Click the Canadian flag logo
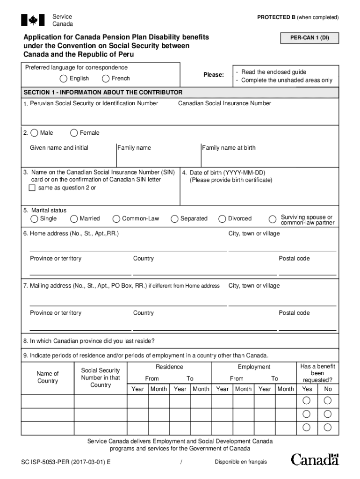33,20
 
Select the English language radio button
63,79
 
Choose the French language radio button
106,79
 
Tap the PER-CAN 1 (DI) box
309,38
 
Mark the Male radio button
34,133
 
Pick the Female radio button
74,133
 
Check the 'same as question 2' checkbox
32,188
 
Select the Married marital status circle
74,219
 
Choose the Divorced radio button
223,219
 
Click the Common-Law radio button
116,219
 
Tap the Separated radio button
174,219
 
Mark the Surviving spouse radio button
272,219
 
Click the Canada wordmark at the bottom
315,459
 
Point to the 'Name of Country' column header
48,377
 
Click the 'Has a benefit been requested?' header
317,373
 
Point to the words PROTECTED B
276,17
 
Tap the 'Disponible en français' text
241,462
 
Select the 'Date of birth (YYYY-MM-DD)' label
227,173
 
